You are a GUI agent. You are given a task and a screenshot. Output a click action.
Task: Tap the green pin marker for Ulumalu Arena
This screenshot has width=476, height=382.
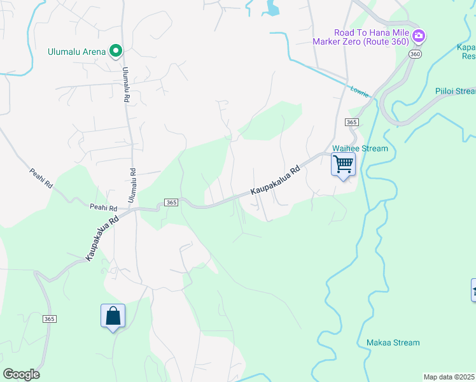(116, 51)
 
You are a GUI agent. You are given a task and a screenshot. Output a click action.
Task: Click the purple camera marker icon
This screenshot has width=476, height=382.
(419, 36)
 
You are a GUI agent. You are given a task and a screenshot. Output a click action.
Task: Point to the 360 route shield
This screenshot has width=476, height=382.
(416, 55)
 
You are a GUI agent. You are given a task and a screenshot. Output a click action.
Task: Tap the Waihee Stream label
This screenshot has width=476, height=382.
(360, 148)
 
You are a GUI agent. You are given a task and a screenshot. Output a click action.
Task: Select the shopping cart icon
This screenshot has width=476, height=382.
(343, 164)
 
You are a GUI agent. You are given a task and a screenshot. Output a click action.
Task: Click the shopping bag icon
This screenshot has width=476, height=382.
(113, 315)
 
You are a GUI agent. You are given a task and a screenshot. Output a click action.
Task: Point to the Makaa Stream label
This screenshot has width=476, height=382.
(393, 343)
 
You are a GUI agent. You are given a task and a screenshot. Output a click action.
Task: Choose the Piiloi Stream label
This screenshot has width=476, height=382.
(455, 91)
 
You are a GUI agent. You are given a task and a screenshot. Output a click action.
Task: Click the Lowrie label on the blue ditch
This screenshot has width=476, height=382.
(360, 91)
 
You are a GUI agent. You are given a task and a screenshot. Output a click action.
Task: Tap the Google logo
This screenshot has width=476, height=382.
(21, 374)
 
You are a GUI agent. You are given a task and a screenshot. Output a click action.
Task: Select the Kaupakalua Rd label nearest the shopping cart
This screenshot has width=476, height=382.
(275, 181)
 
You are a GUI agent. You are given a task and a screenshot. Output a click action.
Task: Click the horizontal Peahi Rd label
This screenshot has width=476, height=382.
(103, 208)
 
